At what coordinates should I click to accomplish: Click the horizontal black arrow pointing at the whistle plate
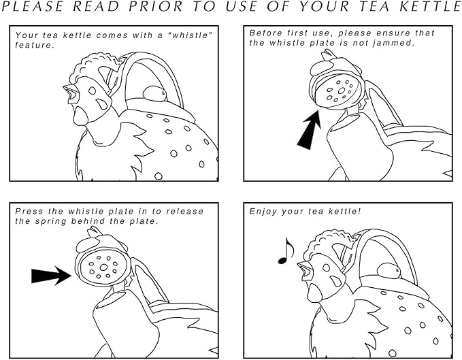click(x=51, y=276)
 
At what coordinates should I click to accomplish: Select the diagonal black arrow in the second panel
click(x=309, y=131)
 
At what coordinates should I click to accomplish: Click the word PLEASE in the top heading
click(x=33, y=7)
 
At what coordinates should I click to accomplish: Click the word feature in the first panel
click(x=35, y=46)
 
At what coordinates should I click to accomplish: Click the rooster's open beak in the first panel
click(x=71, y=94)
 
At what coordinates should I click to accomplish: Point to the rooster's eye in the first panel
click(x=93, y=91)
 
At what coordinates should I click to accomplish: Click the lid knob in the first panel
click(x=154, y=94)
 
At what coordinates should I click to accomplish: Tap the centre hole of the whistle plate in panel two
click(x=342, y=91)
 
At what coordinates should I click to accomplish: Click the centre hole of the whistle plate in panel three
click(x=103, y=267)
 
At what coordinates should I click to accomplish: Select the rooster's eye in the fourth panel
click(x=326, y=268)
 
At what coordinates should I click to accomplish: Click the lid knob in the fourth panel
click(x=389, y=271)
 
